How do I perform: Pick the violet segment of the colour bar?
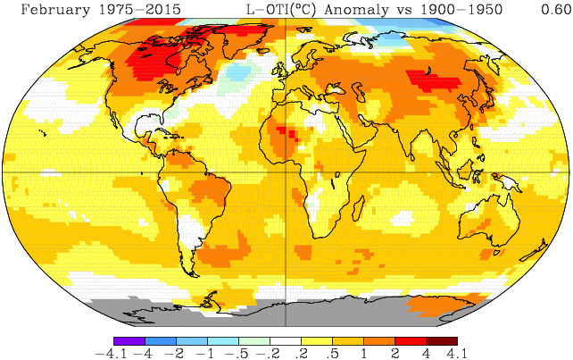(x=129, y=340)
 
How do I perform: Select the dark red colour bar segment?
(x=442, y=340)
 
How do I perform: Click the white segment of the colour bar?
(x=286, y=340)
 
